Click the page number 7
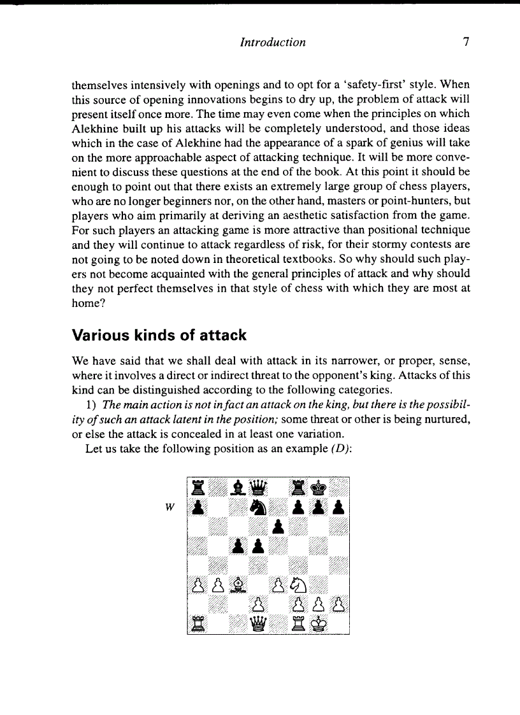pyautogui.click(x=466, y=43)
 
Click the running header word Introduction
pyautogui.click(x=272, y=43)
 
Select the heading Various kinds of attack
pyautogui.click(x=159, y=335)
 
